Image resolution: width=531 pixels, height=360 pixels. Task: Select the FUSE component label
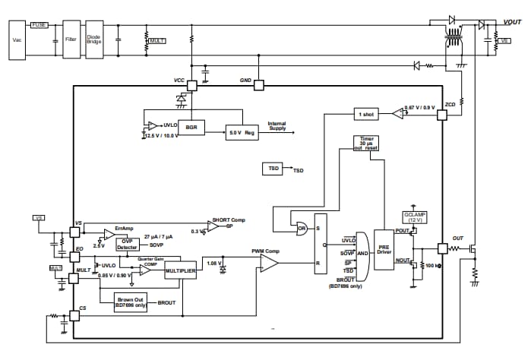(39, 24)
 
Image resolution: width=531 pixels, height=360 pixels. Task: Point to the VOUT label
(512, 22)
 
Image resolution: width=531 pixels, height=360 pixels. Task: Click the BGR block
(191, 128)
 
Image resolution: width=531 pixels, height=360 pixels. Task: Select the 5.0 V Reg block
(242, 132)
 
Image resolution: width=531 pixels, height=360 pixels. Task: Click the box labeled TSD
(273, 167)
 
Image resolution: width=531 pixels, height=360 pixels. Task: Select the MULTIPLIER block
(179, 270)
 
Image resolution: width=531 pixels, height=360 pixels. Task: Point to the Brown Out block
(131, 302)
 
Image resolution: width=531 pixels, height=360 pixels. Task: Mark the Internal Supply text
(277, 125)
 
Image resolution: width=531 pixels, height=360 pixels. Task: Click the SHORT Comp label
(228, 219)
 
